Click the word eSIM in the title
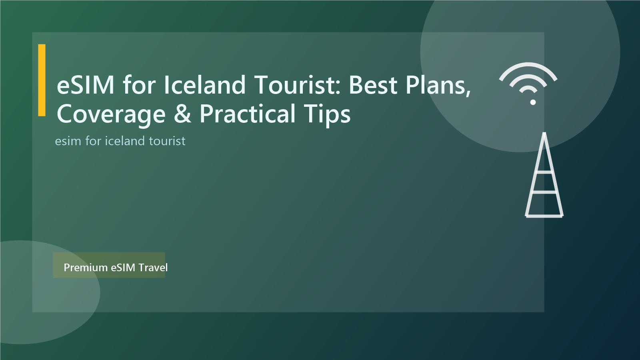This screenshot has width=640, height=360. (x=86, y=85)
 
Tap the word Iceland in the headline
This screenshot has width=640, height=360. (x=204, y=85)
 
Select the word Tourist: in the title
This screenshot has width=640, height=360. (x=298, y=85)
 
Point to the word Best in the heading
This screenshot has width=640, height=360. (x=373, y=85)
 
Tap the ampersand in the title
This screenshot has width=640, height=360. (x=182, y=114)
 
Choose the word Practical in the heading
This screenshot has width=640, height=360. (x=248, y=114)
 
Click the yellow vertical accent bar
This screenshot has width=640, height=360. (x=42, y=80)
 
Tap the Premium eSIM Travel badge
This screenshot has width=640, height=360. (x=109, y=265)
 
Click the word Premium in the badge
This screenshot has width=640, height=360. (x=86, y=268)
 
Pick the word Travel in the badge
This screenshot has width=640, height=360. (x=153, y=268)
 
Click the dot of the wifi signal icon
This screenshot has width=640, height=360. (x=533, y=102)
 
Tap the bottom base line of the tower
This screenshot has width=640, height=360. (x=544, y=216)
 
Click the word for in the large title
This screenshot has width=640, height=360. (x=139, y=85)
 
